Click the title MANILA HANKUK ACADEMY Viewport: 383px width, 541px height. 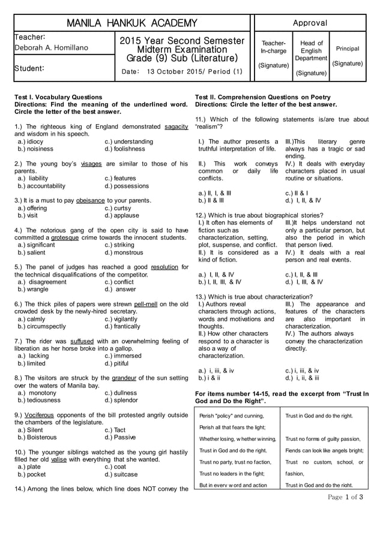pyautogui.click(x=131, y=23)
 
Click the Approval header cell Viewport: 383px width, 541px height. pyautogui.click(x=310, y=23)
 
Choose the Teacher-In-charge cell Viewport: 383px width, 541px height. pyautogui.click(x=273, y=47)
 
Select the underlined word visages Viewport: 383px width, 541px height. pyautogui.click(x=91, y=163)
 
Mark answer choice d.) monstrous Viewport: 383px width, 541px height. pyautogui.click(x=124, y=253)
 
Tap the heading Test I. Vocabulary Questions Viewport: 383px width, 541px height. pyautogui.click(x=58, y=97)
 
